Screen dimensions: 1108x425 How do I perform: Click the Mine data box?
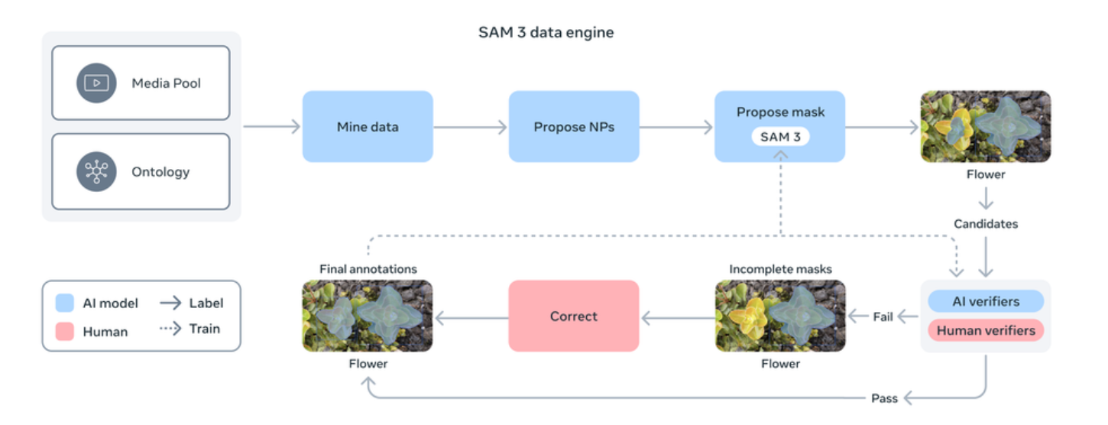coord(368,127)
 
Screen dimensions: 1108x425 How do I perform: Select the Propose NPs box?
coord(574,127)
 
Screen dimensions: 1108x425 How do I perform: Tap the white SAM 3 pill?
coord(780,137)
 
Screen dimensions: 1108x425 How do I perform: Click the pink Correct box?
coord(574,316)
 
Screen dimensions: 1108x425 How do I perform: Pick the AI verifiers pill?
coord(986,301)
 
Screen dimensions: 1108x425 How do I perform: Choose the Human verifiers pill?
coord(986,330)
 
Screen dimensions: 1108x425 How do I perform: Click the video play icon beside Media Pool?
coord(96,83)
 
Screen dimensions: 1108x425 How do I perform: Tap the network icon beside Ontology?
coord(96,171)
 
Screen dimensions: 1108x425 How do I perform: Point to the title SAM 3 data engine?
coord(546,32)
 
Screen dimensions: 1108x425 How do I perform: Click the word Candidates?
coord(986,224)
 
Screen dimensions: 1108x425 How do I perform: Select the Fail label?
coord(883,316)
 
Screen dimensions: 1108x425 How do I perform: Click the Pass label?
coord(884,398)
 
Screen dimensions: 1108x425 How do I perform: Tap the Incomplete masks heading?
coord(780,269)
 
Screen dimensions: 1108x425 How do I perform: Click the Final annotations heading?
coord(368,269)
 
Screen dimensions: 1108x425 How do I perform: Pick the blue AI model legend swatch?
coord(65,303)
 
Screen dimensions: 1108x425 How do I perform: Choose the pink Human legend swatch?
coord(65,332)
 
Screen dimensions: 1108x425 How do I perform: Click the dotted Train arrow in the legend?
coord(170,329)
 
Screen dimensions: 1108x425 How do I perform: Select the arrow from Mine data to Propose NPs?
coord(471,127)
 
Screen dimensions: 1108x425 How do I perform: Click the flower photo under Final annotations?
coord(368,316)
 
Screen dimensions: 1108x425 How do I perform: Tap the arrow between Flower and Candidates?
coord(986,199)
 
